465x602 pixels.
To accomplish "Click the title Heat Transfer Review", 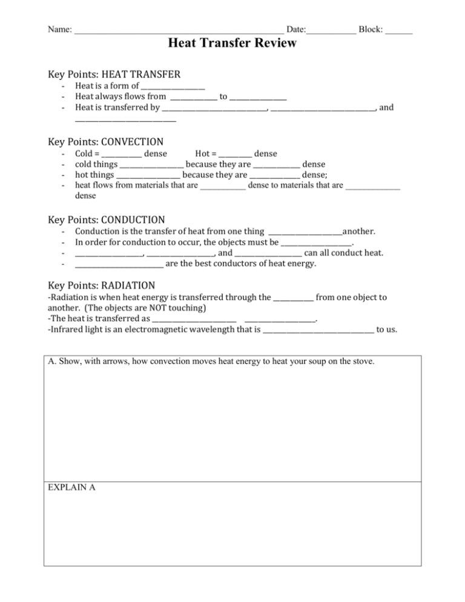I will (x=232, y=43).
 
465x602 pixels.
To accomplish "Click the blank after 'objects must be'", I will (x=316, y=243).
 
